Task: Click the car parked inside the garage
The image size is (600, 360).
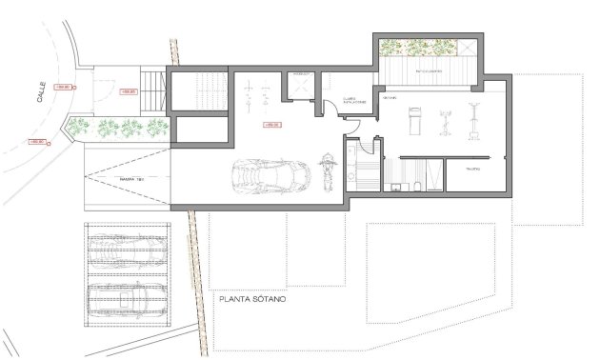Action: click(271, 176)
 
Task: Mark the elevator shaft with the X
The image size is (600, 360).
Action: click(302, 88)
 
